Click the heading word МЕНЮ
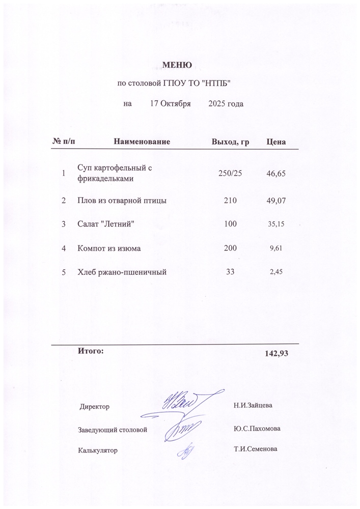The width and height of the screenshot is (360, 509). (x=177, y=65)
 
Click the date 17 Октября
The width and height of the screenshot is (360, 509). (x=170, y=104)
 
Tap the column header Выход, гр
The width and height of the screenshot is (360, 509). (x=230, y=141)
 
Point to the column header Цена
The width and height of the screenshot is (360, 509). (x=276, y=141)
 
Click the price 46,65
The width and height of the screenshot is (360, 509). (x=276, y=174)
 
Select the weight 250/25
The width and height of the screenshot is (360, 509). (x=230, y=174)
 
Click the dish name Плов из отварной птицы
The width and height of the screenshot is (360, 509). (x=122, y=201)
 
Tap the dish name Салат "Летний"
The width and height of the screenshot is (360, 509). (x=105, y=224)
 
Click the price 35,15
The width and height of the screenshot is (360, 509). (x=276, y=224)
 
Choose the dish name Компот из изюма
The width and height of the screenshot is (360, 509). (x=108, y=248)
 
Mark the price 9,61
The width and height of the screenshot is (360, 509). (x=276, y=248)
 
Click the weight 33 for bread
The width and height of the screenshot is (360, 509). (x=230, y=272)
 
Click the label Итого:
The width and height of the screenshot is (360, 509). (x=90, y=351)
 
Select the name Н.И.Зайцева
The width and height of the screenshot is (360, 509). (x=253, y=406)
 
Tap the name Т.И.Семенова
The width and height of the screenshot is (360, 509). (x=255, y=449)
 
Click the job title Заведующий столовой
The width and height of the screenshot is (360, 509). (x=113, y=430)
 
